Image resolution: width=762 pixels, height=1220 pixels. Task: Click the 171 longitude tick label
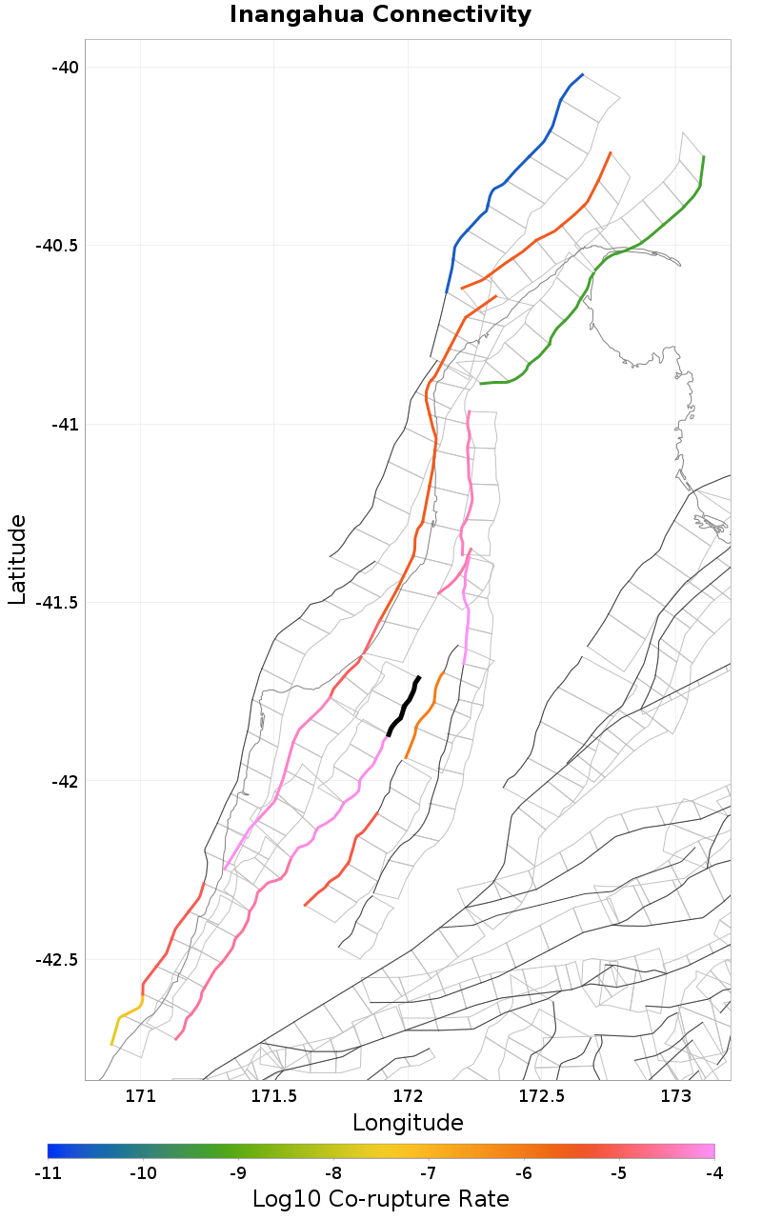tap(140, 1096)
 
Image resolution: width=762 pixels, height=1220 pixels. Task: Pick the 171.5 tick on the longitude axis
tap(273, 1096)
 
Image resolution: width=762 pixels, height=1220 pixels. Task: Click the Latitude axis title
tap(17, 559)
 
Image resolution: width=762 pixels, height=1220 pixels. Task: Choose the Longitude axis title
tap(408, 1123)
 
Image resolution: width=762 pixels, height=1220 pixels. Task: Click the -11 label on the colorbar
tap(48, 1173)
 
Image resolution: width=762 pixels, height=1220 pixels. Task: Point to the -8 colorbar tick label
tap(333, 1173)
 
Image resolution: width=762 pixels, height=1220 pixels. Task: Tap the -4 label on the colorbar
tap(714, 1173)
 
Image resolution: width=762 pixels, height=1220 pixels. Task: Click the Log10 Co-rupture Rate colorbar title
tap(381, 1199)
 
